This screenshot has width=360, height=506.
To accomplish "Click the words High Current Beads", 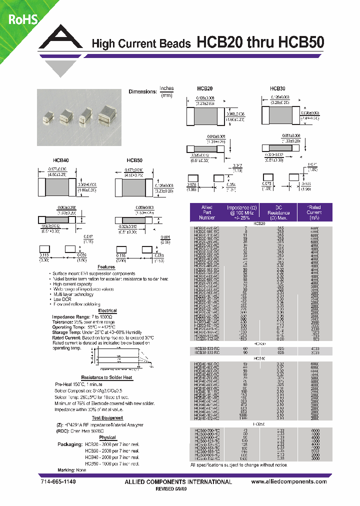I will pyautogui.click(x=141, y=44).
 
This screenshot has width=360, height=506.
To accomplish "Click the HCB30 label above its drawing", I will pyautogui.click(x=277, y=87).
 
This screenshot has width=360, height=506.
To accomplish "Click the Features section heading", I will pyautogui.click(x=106, y=267).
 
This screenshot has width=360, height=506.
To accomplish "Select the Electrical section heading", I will pyautogui.click(x=107, y=310).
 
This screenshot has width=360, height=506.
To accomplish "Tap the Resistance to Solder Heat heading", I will pyautogui.click(x=107, y=377).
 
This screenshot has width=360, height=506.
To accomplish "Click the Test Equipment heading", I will pyautogui.click(x=107, y=417).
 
